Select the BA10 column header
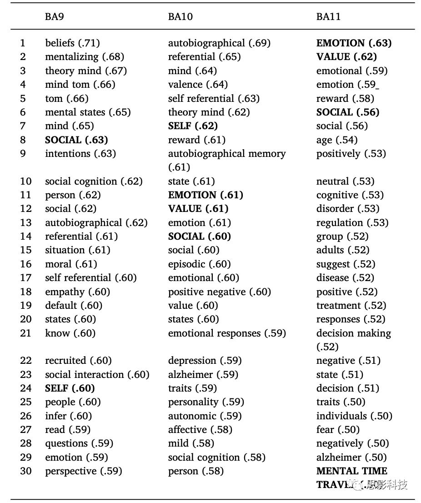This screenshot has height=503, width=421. [x=180, y=17]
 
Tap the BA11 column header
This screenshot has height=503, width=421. [x=328, y=17]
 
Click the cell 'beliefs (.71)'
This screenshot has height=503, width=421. [x=72, y=43]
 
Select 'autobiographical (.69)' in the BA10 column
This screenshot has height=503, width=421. [x=219, y=43]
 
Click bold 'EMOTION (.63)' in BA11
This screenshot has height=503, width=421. [x=354, y=43]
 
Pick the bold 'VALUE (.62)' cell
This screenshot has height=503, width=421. [x=346, y=57]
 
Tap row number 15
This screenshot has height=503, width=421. [x=26, y=250]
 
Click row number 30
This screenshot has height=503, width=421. [x=26, y=471]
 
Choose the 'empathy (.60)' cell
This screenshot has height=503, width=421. [x=77, y=292]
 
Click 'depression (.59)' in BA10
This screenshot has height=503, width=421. [x=205, y=361]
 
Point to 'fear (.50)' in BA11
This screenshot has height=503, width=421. [x=338, y=429]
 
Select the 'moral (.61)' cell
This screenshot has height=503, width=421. [x=71, y=264]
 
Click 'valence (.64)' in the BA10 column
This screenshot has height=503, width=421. [x=198, y=85]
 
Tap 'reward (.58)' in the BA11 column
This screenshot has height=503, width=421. [x=345, y=98]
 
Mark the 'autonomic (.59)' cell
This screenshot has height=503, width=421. [x=205, y=416]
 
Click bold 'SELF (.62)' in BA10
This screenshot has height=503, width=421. [x=193, y=126]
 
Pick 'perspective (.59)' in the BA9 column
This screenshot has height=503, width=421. [x=84, y=471]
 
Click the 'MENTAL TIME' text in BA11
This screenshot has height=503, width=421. [x=351, y=471]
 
